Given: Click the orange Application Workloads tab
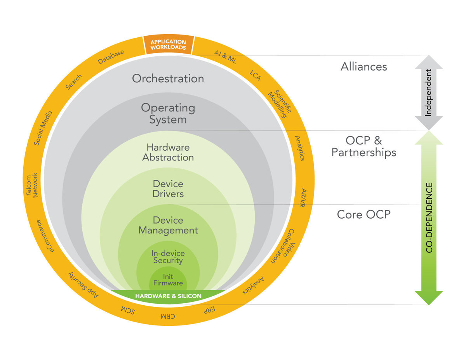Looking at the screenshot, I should [x=168, y=45].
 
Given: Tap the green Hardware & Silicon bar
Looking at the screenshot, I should [x=168, y=296].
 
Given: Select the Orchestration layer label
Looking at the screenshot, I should [x=168, y=78].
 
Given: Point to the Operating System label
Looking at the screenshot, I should [x=168, y=113].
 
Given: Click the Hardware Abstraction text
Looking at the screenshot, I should [x=168, y=153].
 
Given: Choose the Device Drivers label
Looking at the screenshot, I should [x=168, y=188].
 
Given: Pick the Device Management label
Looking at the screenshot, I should [x=168, y=225].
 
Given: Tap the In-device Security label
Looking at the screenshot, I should [x=168, y=257].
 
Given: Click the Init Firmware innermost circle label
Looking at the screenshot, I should [x=168, y=280].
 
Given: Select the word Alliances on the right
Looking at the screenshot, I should [x=364, y=67].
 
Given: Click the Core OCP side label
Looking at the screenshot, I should [x=363, y=214].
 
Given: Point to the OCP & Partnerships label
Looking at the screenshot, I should [x=363, y=146].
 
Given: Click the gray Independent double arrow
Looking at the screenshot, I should [x=428, y=92].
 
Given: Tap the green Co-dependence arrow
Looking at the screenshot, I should [x=429, y=217].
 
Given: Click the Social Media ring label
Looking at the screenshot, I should [x=43, y=128].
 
